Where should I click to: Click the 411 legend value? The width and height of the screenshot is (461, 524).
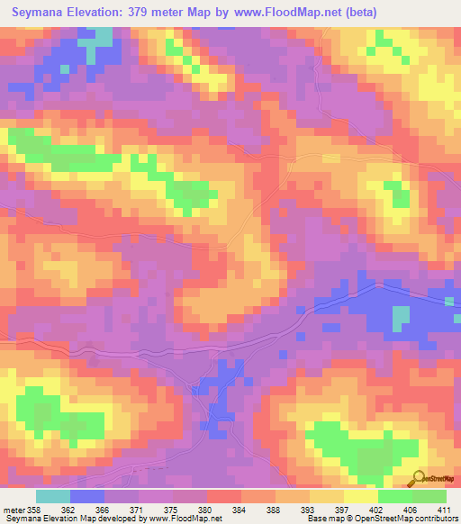[444, 509]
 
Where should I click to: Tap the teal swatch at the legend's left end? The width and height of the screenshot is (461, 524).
[53, 496]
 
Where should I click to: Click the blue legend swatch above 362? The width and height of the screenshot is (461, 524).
[87, 496]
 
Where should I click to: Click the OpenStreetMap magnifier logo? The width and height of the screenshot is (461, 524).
[418, 478]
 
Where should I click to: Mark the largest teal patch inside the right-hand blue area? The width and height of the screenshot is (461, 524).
[400, 316]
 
